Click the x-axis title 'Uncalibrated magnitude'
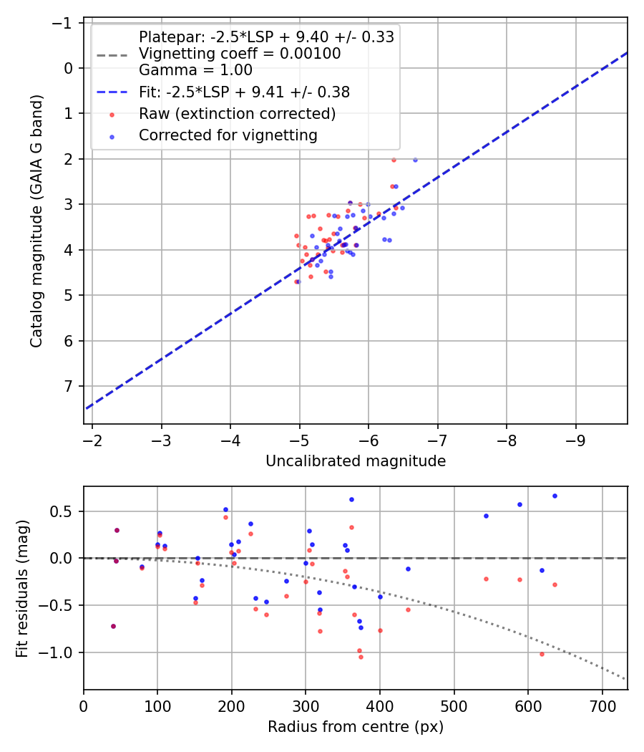click(356, 461)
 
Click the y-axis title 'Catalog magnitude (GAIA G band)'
click(36, 221)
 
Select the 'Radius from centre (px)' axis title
click(356, 727)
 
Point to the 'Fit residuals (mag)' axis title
click(22, 589)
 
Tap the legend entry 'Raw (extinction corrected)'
click(237, 114)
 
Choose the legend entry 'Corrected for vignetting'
click(228, 135)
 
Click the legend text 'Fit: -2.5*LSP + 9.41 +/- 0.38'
click(245, 92)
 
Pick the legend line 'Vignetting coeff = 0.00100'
click(240, 53)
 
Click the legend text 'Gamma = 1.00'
click(195, 70)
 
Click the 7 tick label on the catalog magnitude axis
click(69, 386)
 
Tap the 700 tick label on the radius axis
click(602, 706)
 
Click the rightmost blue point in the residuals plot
click(555, 496)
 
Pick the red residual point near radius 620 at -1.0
click(542, 654)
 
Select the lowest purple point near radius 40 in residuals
click(114, 627)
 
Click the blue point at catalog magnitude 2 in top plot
click(415, 160)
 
